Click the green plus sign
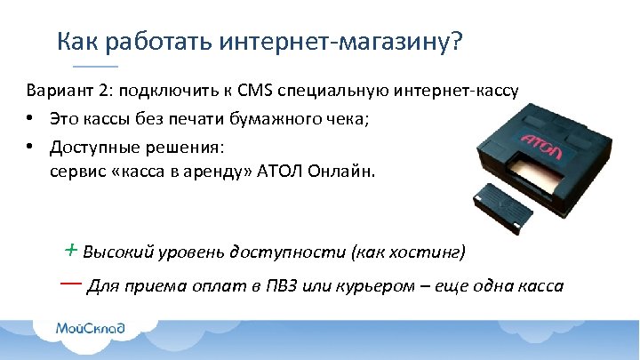click(x=70, y=250)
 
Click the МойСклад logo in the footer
click(x=91, y=329)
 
